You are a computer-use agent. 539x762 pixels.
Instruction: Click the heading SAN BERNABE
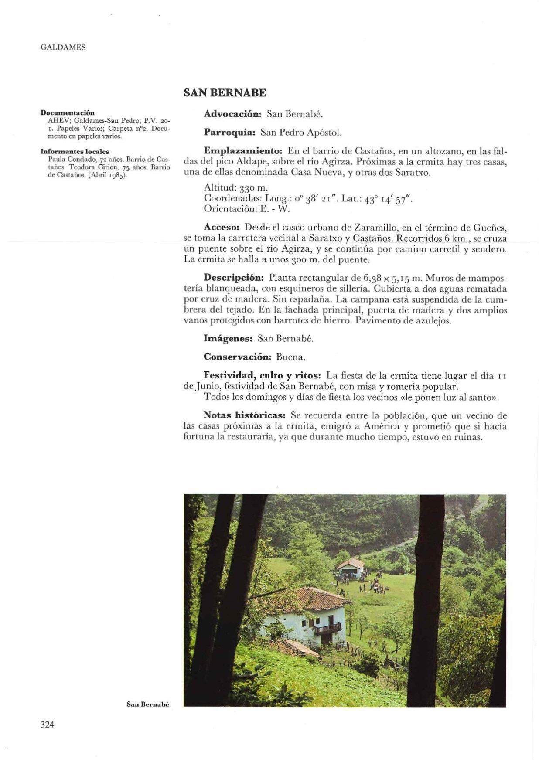click(x=225, y=93)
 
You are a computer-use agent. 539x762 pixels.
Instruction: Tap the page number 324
click(x=47, y=725)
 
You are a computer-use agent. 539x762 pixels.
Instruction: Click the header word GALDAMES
click(x=63, y=48)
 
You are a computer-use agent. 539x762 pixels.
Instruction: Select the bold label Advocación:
click(x=232, y=114)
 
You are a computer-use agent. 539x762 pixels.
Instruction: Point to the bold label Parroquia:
click(x=229, y=132)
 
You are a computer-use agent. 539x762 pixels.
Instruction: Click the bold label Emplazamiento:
click(x=243, y=151)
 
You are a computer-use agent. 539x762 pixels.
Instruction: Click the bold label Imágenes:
click(x=228, y=338)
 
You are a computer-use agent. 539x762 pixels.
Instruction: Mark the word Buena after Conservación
click(x=290, y=357)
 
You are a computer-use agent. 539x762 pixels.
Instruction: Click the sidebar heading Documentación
click(x=68, y=113)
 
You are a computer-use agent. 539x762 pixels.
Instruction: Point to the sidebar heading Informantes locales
click(x=75, y=152)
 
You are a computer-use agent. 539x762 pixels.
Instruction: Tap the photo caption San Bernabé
click(x=147, y=704)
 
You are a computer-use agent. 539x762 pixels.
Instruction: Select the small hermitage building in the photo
click(x=350, y=568)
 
